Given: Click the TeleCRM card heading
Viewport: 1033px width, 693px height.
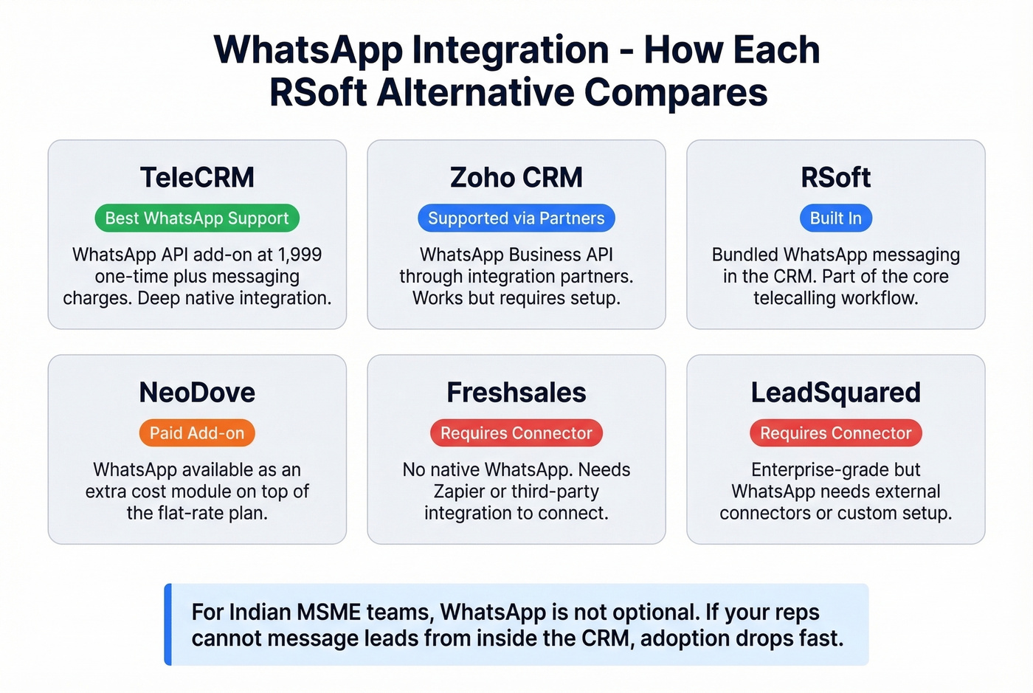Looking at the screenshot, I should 197,178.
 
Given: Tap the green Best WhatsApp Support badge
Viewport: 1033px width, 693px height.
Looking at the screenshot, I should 197,218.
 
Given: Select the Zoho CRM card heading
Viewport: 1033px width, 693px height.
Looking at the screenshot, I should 516,178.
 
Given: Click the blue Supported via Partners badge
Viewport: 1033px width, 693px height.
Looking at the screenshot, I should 516,218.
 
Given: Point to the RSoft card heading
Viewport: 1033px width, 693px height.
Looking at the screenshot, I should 835,178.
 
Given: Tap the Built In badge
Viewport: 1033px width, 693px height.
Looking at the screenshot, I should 835,218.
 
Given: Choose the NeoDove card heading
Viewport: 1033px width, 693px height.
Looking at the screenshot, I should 197,393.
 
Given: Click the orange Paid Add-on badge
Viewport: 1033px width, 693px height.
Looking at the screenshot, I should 197,433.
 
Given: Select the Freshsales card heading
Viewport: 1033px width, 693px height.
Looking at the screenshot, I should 516,393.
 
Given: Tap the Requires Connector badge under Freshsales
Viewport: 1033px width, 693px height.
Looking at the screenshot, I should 516,433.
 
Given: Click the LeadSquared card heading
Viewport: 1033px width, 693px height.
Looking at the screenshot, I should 835,393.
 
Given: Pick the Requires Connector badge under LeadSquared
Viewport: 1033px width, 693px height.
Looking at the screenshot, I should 835,433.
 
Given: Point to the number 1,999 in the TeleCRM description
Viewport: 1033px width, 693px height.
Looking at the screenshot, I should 300,255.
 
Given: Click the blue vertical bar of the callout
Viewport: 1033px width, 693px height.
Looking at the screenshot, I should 168,624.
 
